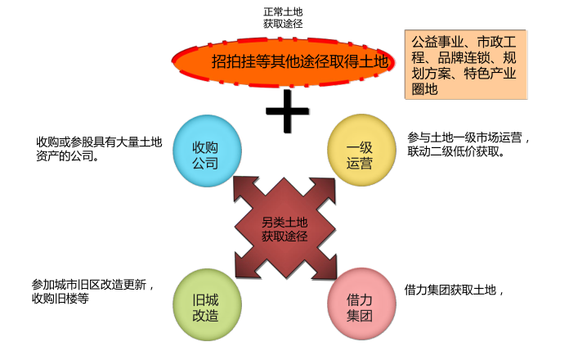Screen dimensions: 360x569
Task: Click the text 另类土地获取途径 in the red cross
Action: point(284,229)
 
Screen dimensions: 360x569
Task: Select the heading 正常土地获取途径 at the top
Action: point(283,18)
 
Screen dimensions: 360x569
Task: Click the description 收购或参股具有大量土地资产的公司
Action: point(98,149)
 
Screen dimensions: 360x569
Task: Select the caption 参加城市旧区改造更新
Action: point(93,285)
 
